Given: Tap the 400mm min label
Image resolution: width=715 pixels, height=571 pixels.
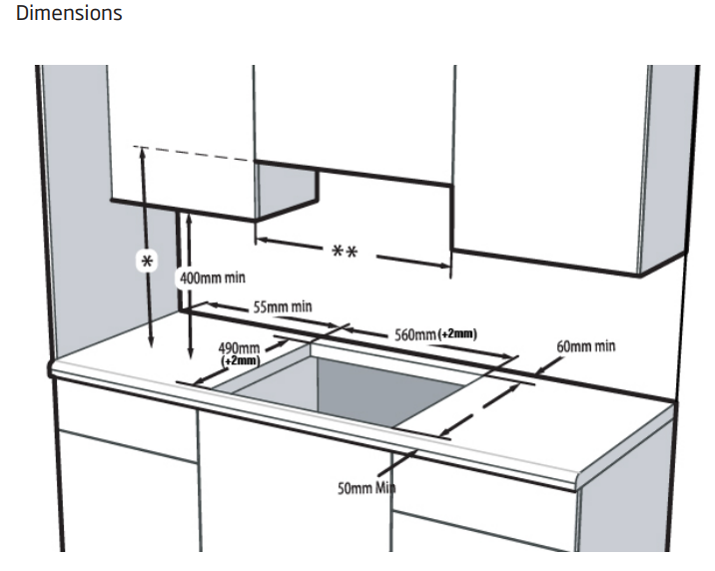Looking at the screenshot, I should (212, 277).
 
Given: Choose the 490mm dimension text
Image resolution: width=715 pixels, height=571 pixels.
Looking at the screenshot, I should (240, 346).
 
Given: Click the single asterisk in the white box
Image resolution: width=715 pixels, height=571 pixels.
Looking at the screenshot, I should (148, 261).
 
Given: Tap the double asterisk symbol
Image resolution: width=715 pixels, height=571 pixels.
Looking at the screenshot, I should (346, 251).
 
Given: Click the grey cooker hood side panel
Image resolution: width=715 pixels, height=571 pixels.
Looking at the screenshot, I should (287, 191).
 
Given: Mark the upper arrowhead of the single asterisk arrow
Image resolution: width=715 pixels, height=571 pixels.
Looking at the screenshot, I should (143, 153).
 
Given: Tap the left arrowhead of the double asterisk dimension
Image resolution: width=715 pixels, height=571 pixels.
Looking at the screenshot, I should (262, 240).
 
